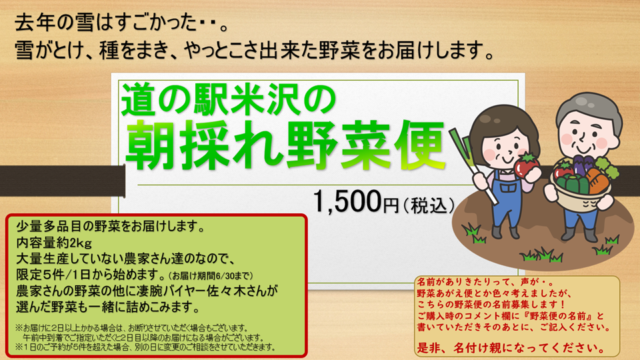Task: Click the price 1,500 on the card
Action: point(347,201)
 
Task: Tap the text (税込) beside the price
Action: point(429,205)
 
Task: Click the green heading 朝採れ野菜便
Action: point(285,145)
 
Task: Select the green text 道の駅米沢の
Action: point(229,99)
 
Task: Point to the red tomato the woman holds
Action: point(527,165)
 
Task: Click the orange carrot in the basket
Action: point(597,181)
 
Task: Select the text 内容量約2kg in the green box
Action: point(54,243)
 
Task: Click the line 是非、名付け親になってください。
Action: point(512,348)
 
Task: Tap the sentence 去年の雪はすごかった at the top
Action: point(106,23)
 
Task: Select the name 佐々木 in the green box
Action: point(232,291)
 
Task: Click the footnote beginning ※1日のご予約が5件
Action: point(145,347)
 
